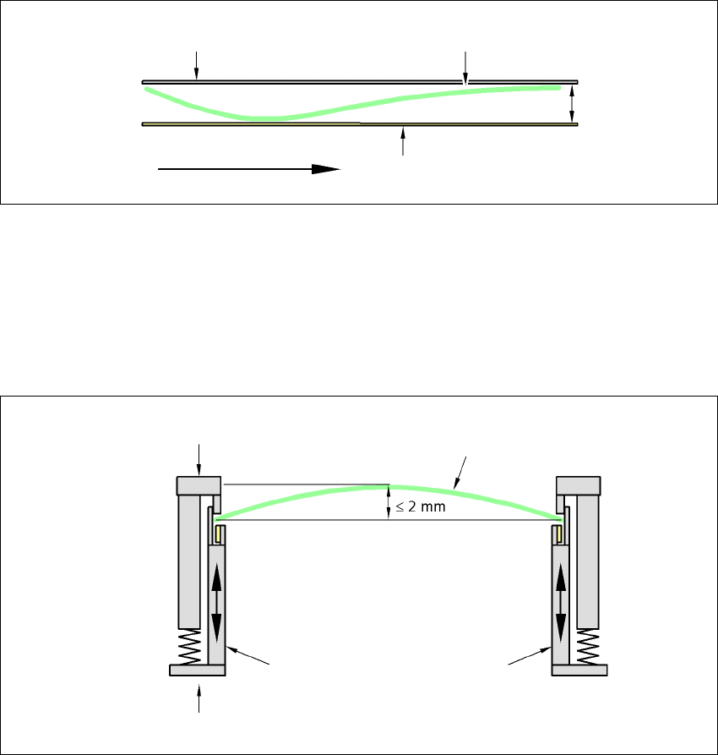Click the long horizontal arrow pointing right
249,169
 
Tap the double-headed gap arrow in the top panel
573,102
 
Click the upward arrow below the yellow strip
403,141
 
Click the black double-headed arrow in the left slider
216,603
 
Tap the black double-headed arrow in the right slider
561,603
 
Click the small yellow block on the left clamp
220,534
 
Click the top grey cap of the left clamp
199,485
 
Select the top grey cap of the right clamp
579,485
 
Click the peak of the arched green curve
389,487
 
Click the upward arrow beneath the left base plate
200,698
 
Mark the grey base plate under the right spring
579,670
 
